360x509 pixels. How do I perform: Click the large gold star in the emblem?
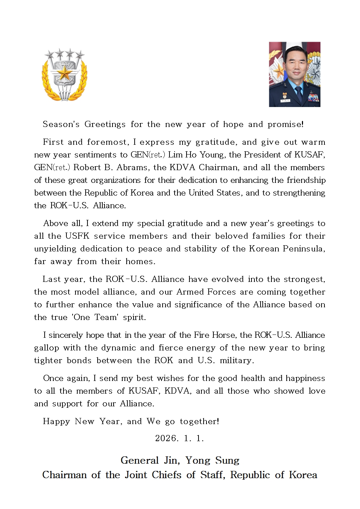pyautogui.click(x=65, y=74)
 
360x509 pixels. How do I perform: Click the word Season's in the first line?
pyautogui.click(x=61, y=124)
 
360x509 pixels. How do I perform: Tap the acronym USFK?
pyautogui.click(x=77, y=236)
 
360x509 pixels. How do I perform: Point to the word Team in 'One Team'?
pyautogui.click(x=106, y=317)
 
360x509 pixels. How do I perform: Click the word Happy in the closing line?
pyautogui.click(x=56, y=422)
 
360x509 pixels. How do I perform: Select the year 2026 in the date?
pyautogui.click(x=167, y=438)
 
